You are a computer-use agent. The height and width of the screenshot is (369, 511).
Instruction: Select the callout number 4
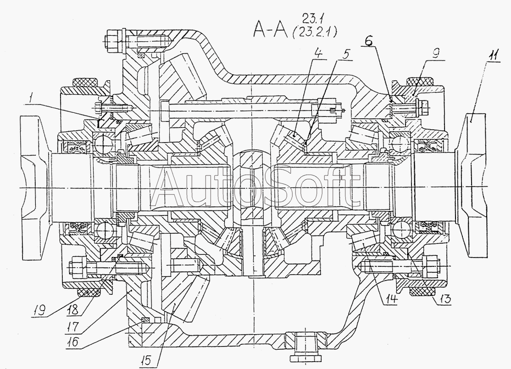pyautogui.click(x=318, y=53)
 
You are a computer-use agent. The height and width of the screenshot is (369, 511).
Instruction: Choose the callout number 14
pyautogui.click(x=391, y=299)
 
